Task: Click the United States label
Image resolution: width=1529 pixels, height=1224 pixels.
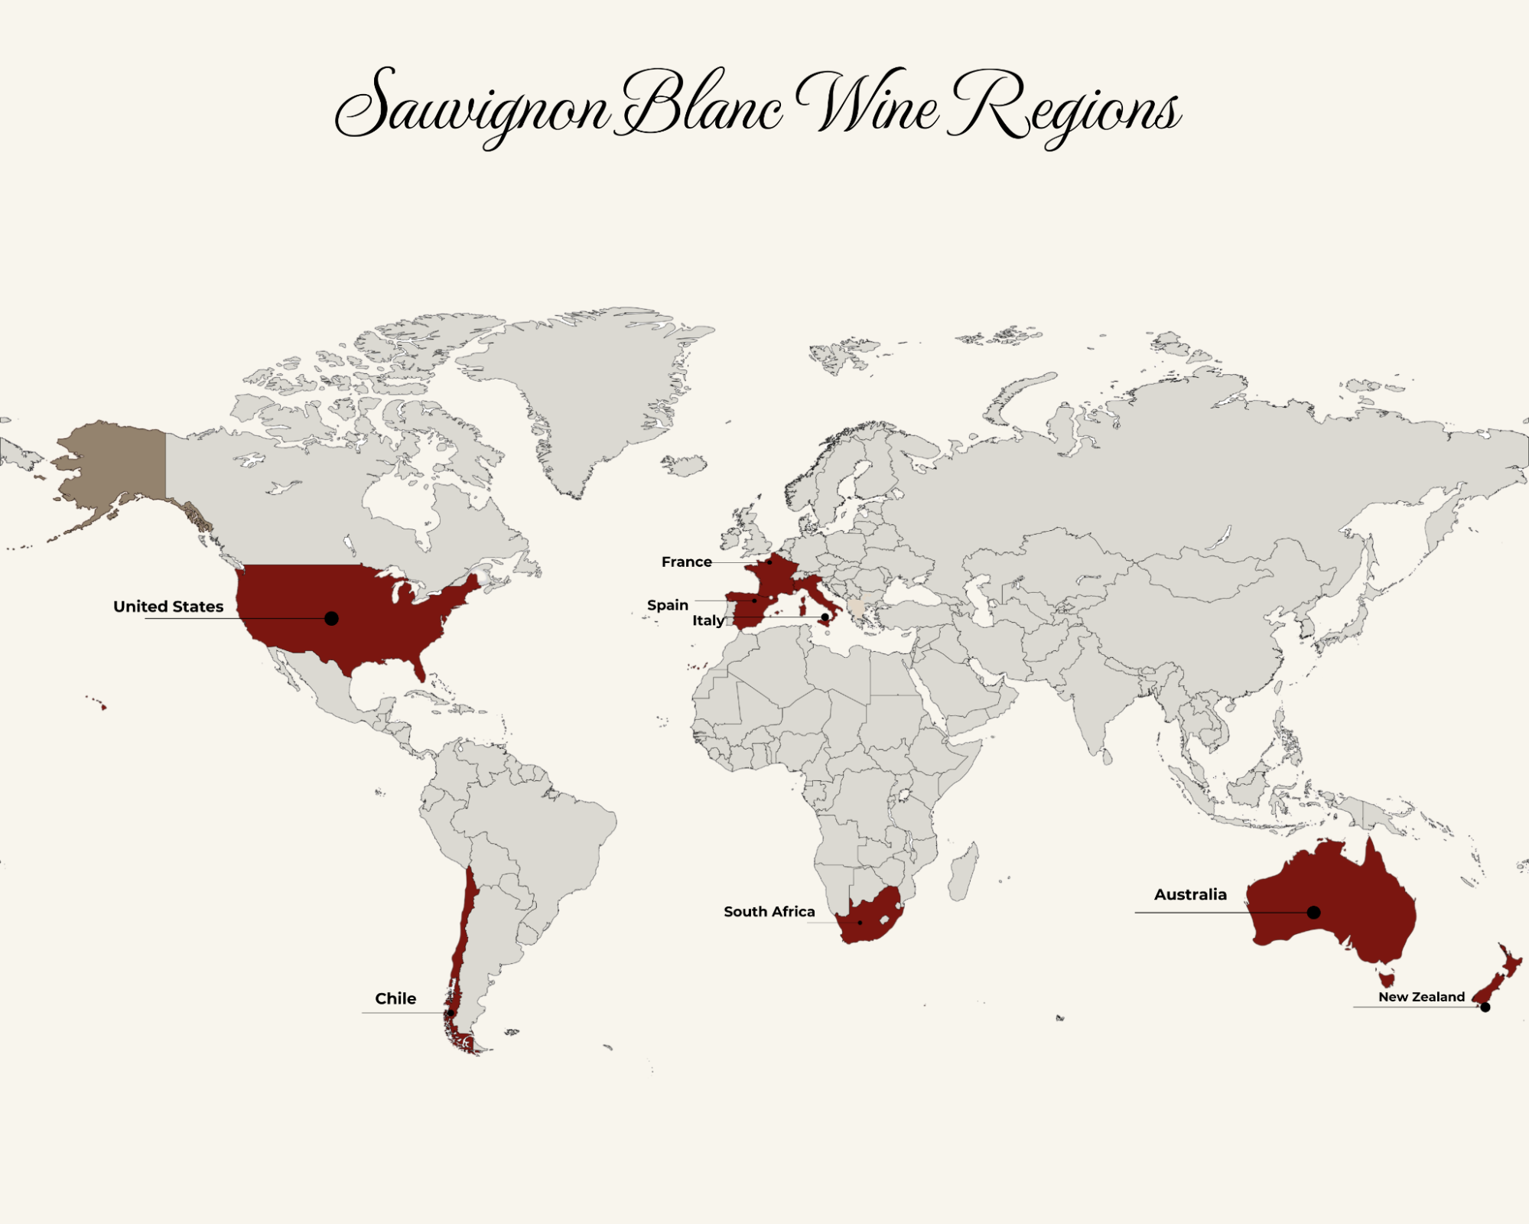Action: pos(168,607)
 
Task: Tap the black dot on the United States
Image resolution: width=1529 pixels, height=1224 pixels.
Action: pos(331,618)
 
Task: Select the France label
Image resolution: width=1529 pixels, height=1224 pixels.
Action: pos(686,562)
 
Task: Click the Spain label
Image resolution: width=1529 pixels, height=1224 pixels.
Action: pos(667,605)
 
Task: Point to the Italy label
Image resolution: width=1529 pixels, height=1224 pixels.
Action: pos(708,620)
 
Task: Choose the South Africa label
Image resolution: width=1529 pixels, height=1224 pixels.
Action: pos(769,912)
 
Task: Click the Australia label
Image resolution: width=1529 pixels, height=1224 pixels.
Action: pos(1190,894)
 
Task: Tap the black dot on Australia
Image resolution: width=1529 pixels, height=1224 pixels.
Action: pos(1313,912)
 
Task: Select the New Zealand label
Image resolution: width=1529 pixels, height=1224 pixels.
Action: pos(1421,997)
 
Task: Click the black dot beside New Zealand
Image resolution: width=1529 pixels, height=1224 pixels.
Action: pos(1485,1008)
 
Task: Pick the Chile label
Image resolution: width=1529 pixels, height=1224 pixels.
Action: pos(395,998)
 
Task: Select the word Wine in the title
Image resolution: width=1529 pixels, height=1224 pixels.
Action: pos(868,103)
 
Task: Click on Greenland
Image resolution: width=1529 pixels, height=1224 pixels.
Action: pos(589,382)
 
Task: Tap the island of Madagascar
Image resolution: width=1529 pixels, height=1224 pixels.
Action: pos(963,872)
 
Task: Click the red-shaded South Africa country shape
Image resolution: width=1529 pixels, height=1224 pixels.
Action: pos(872,918)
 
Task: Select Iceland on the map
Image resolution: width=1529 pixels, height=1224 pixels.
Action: pos(684,464)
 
